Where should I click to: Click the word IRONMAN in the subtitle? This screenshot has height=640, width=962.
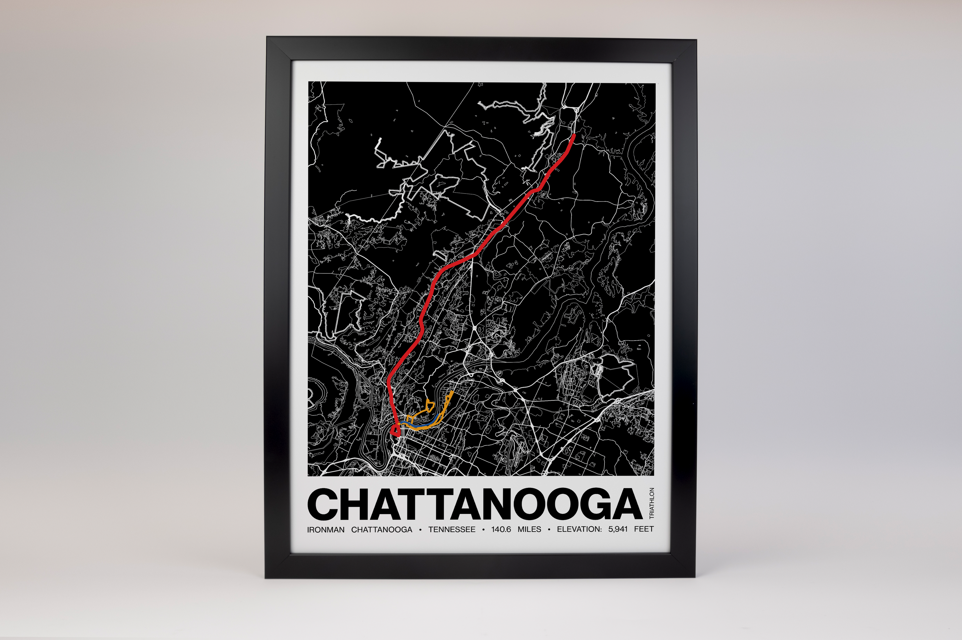(x=326, y=529)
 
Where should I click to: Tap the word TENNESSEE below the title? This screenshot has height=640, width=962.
(x=451, y=529)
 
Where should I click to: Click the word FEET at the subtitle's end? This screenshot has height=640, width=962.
(x=644, y=529)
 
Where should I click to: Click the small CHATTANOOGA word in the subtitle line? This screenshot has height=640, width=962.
(x=382, y=529)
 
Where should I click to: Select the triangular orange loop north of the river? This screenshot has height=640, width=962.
(x=430, y=405)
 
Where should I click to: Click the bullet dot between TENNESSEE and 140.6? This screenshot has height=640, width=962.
(x=483, y=530)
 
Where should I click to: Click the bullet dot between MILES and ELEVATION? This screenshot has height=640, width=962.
(x=549, y=530)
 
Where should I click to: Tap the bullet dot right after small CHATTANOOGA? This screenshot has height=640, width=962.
(x=420, y=530)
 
